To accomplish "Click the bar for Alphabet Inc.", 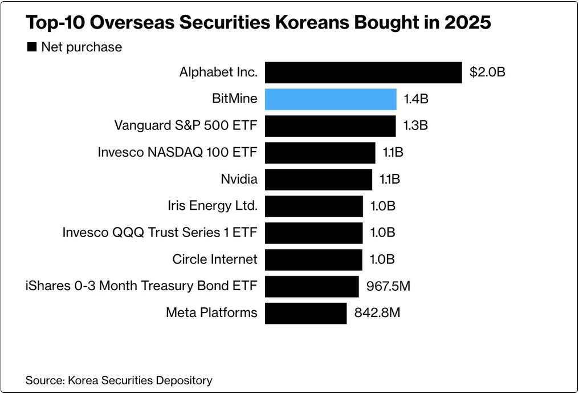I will click(363, 72).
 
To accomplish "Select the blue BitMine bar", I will click(331, 99).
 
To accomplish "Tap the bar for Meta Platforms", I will click(305, 313).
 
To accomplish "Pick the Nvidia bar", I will click(319, 179).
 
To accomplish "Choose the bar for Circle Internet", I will click(313, 259).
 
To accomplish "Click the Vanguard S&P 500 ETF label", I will click(186, 125).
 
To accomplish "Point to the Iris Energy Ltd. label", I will click(213, 206).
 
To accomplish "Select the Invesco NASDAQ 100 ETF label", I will click(178, 152).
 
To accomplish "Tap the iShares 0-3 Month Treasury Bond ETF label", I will click(141, 286).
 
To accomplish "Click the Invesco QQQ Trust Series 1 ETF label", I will click(160, 233).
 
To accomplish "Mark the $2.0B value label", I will click(488, 72).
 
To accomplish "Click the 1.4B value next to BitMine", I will click(416, 99).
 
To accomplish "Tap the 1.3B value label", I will click(415, 125).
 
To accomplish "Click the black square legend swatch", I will click(32, 47).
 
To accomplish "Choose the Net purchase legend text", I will click(81, 47).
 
